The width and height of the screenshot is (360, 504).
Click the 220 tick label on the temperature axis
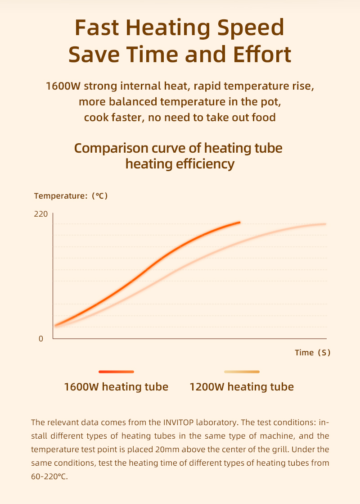[40, 213]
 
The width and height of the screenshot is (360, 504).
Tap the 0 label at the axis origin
[41, 339]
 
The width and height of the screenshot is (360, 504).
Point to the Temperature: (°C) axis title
[71, 196]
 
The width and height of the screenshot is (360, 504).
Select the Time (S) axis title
[313, 353]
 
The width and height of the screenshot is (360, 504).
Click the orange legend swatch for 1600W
[116, 372]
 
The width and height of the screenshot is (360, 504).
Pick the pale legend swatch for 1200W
[242, 372]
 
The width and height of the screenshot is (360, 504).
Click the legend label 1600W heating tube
[116, 386]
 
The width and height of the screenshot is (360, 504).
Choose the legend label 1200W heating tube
[242, 386]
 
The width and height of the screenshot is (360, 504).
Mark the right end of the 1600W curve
[239, 222]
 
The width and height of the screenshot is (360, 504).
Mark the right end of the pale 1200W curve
[324, 224]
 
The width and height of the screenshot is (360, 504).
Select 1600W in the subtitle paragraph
[63, 86]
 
